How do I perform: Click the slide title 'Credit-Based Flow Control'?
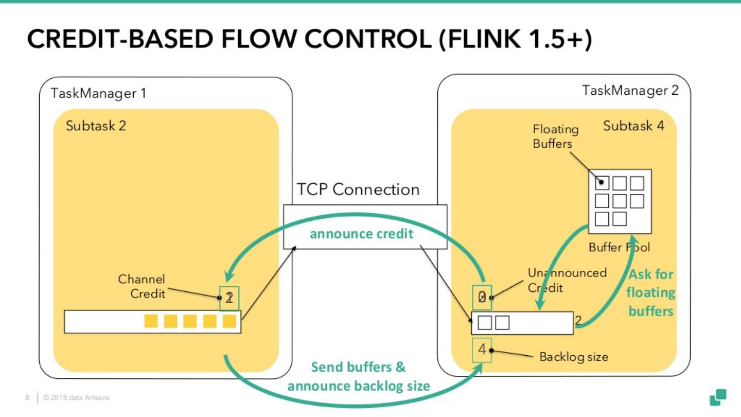coord(309,40)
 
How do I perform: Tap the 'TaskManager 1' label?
coord(98,93)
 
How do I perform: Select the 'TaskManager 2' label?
coord(630,91)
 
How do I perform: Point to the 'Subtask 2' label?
coord(96,126)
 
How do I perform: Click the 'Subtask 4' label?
coord(633,126)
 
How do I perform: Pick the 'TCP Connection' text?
coord(358,189)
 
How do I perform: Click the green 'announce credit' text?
coord(361,234)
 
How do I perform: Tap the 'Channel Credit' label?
coord(142,286)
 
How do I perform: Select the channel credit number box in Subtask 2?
coord(229,298)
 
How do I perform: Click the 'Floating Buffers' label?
coord(555,136)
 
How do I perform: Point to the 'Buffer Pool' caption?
coord(619,247)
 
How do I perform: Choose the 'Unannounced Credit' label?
coord(567,280)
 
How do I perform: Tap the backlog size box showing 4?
coord(482,350)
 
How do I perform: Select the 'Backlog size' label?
coord(573,356)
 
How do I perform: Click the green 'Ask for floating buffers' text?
coord(651,292)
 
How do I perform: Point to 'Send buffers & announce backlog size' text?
coord(359,376)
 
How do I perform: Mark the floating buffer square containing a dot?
coord(602,183)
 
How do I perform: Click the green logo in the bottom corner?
coord(718,397)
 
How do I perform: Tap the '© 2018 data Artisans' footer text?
coord(77,397)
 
